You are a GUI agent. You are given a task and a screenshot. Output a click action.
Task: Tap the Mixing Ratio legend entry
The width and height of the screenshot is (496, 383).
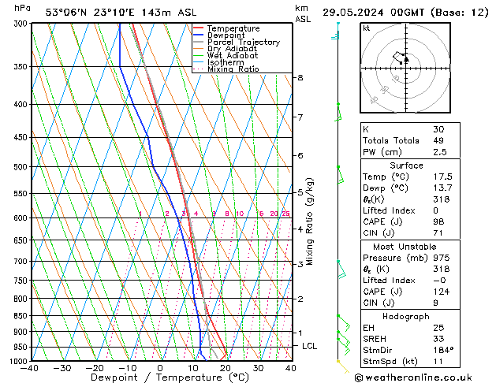pyautogui.click(x=233, y=69)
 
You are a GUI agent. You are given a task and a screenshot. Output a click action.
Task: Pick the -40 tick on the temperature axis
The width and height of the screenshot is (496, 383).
pyautogui.click(x=31, y=368)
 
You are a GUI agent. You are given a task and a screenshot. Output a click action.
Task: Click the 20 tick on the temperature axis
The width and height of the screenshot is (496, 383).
pyautogui.click(x=226, y=368)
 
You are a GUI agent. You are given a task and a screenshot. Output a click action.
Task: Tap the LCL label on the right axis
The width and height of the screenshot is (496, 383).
pyautogui.click(x=310, y=346)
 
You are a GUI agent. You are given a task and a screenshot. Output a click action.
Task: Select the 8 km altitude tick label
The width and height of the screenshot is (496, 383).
pyautogui.click(x=300, y=78)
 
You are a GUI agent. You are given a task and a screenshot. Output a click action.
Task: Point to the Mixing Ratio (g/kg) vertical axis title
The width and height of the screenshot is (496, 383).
pyautogui.click(x=310, y=221)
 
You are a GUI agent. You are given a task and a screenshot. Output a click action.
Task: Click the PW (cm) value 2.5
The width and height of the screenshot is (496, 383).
pyautogui.click(x=438, y=152)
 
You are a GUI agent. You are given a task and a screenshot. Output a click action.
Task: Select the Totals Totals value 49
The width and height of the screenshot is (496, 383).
pyautogui.click(x=438, y=140)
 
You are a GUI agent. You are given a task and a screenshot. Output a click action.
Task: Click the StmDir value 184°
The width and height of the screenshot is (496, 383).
pyautogui.click(x=442, y=350)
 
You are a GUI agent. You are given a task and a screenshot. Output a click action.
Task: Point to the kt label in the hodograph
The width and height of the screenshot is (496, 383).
pyautogui.click(x=367, y=28)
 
